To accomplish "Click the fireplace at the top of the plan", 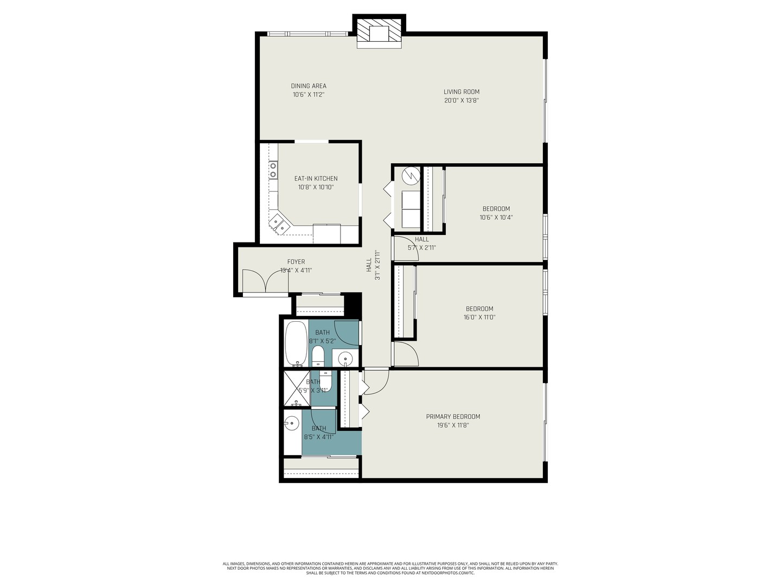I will [x=379, y=34].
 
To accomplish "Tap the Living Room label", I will [x=462, y=92].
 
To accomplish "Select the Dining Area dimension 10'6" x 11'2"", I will [x=309, y=94].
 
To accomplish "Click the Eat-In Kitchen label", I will [x=316, y=179].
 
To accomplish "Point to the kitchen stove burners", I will [x=273, y=170].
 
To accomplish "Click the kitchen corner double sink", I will [x=280, y=224].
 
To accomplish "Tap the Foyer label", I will [x=296, y=262].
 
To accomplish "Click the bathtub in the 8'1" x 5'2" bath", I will [x=296, y=343].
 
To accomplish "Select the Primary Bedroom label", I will [x=453, y=417].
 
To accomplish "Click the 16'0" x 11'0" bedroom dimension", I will [x=479, y=317].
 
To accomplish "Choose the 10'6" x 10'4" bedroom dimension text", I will [x=496, y=218].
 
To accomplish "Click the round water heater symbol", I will [x=411, y=175].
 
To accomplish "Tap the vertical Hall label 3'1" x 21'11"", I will [x=372, y=265].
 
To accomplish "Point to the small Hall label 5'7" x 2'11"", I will [x=421, y=243].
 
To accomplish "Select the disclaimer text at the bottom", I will [x=390, y=568].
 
